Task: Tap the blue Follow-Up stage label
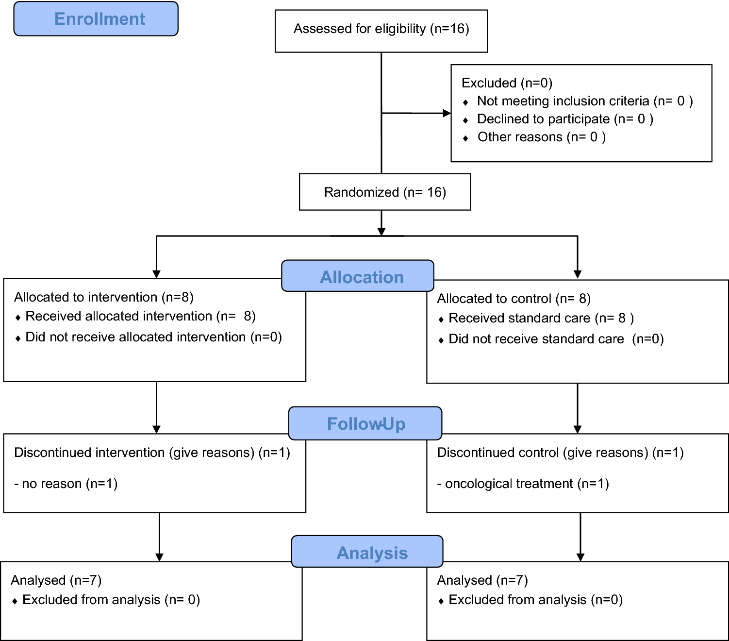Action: pyautogui.click(x=365, y=423)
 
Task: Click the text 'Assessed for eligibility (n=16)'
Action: pyautogui.click(x=381, y=29)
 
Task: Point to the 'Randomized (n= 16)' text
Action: pyautogui.click(x=385, y=192)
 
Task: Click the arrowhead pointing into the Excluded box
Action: pyautogui.click(x=447, y=113)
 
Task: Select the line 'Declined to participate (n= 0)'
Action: pyautogui.click(x=565, y=119)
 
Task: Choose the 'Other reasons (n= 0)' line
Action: pyautogui.click(x=541, y=137)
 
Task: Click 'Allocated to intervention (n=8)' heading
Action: pyautogui.click(x=104, y=297)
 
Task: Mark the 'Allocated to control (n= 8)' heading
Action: pyautogui.click(x=514, y=299)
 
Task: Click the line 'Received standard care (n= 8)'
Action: pyautogui.click(x=541, y=318)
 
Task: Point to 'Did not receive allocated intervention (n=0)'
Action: pyautogui.click(x=153, y=337)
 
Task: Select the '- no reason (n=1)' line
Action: pyautogui.click(x=66, y=484)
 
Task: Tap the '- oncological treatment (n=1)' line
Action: pyautogui.click(x=523, y=484)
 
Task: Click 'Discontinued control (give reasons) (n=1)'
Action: pyautogui.click(x=560, y=453)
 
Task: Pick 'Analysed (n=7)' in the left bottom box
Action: pyautogui.click(x=56, y=580)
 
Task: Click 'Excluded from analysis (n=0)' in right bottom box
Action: pyautogui.click(x=535, y=600)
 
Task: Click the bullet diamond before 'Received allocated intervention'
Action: pyautogui.click(x=18, y=318)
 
